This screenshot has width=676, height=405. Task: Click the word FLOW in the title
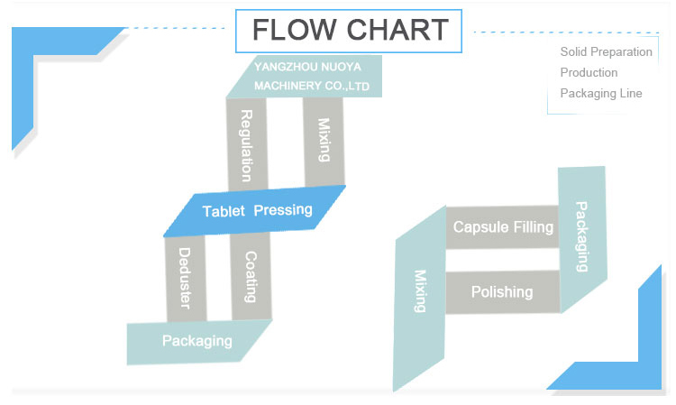coord(294,30)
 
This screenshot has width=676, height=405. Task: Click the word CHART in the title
coord(397,30)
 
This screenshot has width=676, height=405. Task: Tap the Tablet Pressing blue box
coord(254,211)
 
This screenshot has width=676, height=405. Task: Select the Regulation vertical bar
coord(247,144)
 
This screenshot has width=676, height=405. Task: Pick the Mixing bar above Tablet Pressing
coord(324,142)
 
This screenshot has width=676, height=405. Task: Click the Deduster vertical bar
coord(186,279)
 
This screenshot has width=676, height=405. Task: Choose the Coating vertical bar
coord(251,276)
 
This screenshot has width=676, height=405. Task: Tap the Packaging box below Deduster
coord(197,342)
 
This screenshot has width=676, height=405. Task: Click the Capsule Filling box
coord(503,227)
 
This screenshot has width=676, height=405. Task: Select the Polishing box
coord(503,292)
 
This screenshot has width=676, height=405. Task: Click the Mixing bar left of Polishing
coord(420,298)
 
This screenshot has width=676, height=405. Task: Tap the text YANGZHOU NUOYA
coord(307,67)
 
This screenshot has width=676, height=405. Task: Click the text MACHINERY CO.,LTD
coord(312,86)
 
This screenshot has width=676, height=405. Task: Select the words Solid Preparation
coord(607,52)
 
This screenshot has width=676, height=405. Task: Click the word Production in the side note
coord(589,72)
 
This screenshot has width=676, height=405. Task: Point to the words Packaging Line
coord(601,94)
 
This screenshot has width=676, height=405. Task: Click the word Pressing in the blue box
coord(283,210)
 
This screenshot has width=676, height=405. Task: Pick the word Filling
coord(532,227)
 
